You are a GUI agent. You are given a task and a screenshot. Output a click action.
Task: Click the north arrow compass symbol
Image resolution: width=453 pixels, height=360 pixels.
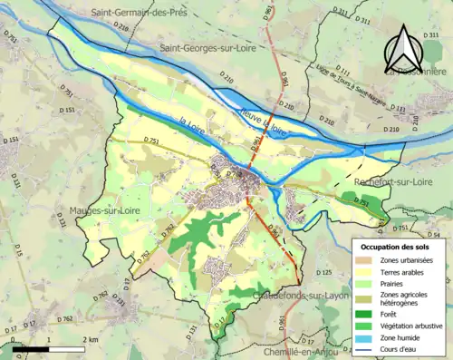(403, 49)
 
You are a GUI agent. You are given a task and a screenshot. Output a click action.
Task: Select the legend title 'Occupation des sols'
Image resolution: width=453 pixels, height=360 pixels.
(394, 247)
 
